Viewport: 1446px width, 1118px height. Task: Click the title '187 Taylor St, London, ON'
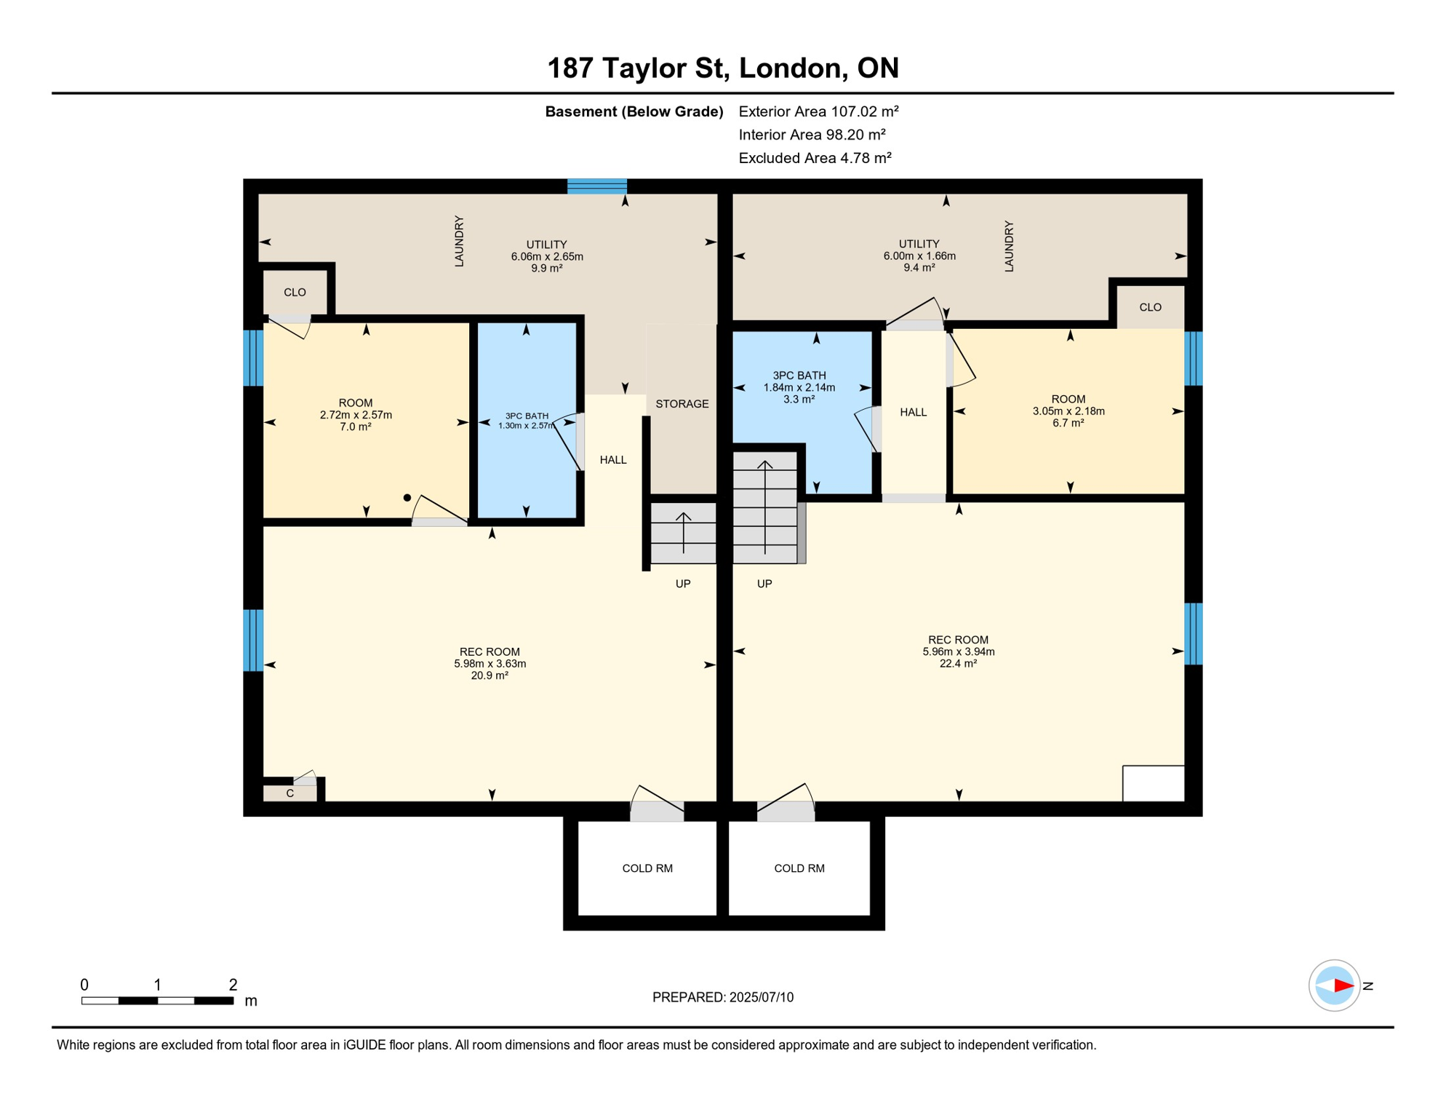722,68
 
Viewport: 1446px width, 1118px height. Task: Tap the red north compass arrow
1343,986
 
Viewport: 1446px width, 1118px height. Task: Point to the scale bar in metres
157,1001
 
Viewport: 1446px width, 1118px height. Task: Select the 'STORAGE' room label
682,404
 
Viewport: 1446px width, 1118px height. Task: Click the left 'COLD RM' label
647,868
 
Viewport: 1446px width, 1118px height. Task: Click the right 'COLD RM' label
799,868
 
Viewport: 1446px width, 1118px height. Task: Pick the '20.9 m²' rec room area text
490,675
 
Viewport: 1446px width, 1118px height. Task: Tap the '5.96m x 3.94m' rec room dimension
959,651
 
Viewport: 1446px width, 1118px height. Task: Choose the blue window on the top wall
596,186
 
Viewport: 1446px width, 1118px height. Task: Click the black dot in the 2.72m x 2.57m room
407,498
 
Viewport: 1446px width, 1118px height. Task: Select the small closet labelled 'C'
289,793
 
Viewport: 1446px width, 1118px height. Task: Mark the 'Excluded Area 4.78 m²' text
815,158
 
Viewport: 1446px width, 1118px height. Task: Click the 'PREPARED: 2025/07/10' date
722,997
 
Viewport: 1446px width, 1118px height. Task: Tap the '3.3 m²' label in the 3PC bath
799,399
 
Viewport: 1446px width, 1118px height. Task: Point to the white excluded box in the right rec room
1154,783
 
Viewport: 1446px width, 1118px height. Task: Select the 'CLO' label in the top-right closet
1150,307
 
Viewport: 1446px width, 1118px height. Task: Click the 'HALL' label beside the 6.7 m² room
913,413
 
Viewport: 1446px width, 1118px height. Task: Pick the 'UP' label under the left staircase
682,584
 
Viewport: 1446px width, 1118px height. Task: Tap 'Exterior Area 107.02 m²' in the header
818,111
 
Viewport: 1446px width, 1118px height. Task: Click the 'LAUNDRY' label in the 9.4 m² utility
1008,247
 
